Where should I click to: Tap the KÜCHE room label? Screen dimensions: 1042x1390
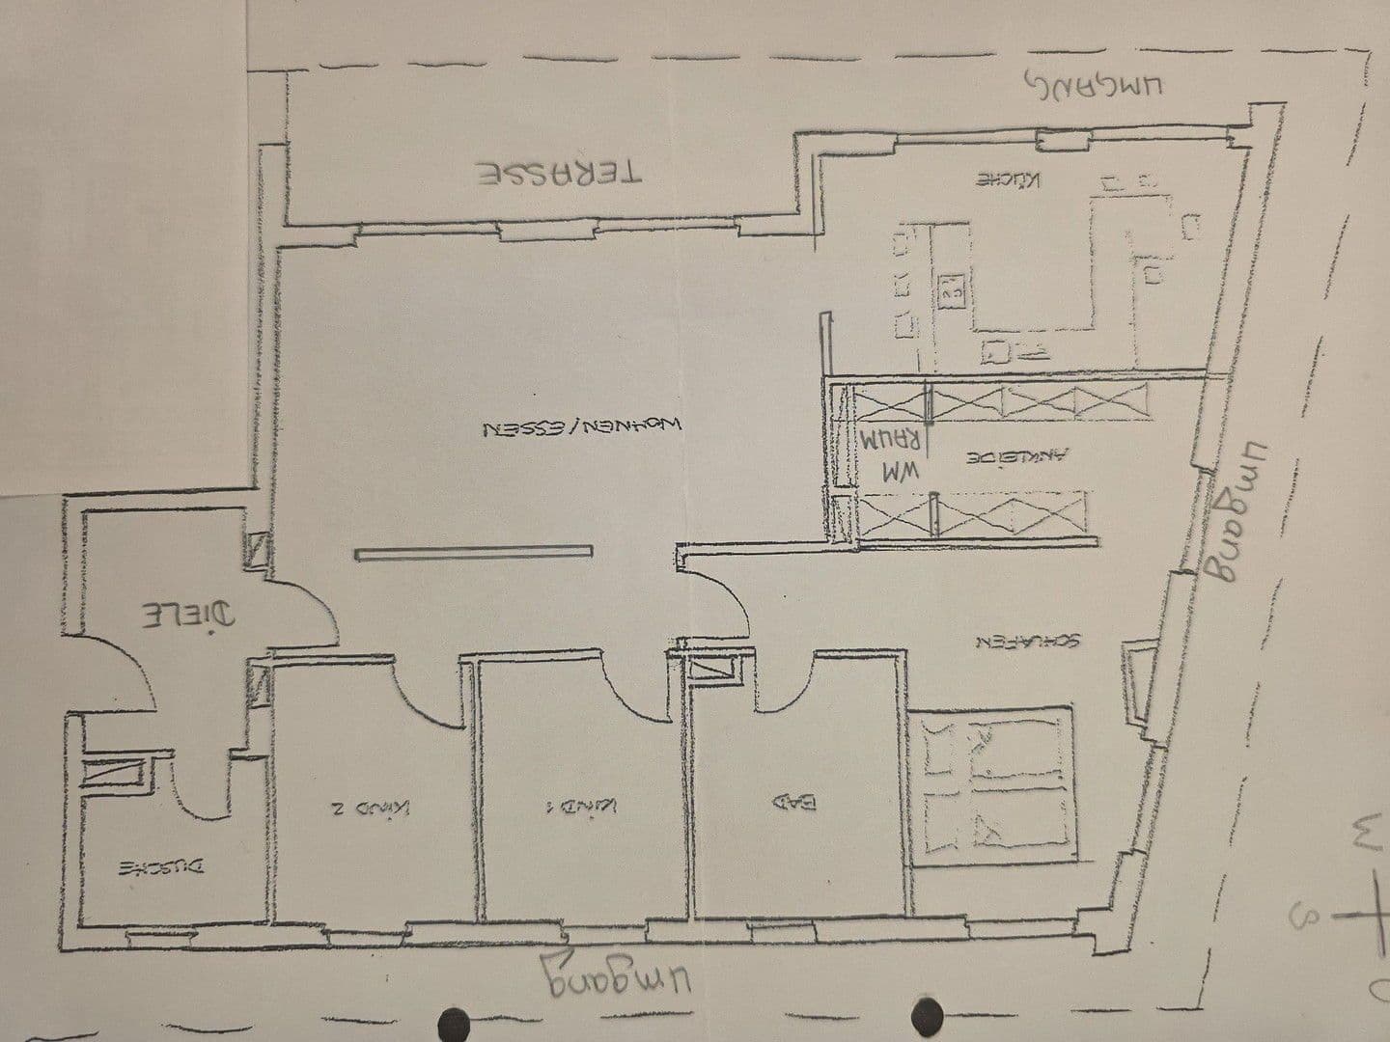pos(1010,180)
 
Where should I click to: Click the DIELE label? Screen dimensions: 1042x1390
pos(183,615)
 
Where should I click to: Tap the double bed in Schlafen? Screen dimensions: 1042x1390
pos(997,781)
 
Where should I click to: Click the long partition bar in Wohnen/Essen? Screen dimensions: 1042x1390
pos(473,553)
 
